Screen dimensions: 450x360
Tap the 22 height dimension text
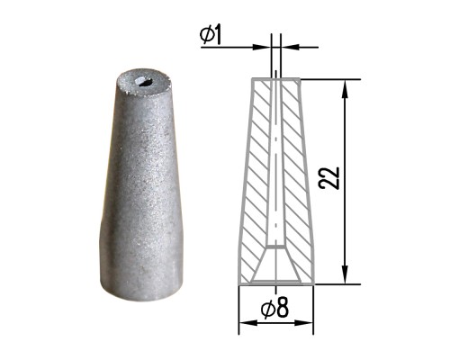pos(329,177)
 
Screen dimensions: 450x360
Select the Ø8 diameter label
pos(274,309)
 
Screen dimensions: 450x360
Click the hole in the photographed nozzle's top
pos(143,82)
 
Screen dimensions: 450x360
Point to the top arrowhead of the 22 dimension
pos(346,88)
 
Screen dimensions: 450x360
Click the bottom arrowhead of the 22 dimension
pos(346,274)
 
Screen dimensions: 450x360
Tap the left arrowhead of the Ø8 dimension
pos(248,323)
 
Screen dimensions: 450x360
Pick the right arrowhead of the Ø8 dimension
pos(303,323)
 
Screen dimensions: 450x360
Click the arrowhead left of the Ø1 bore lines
pos(262,47)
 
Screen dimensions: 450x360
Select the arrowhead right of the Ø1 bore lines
pos(291,47)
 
